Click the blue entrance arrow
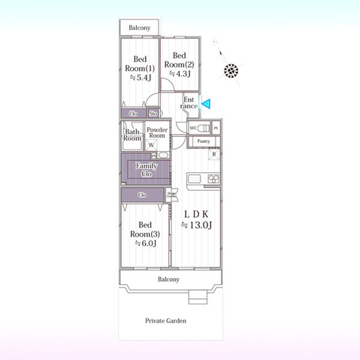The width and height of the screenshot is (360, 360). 206,105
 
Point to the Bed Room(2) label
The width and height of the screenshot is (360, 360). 180,64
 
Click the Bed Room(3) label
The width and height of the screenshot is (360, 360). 145,234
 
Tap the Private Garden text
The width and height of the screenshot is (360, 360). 166,321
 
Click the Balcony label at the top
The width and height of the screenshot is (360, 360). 139,28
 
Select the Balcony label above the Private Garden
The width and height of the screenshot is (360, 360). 168,280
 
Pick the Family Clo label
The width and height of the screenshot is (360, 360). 146,170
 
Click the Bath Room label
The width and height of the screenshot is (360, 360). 132,135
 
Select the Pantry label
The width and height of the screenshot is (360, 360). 203,141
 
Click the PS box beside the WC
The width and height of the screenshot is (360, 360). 216,128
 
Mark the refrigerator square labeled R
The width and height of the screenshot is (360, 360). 214,154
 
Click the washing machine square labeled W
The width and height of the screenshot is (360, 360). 151,144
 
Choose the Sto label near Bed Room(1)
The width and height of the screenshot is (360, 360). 153,113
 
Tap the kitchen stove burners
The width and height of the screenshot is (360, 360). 213,179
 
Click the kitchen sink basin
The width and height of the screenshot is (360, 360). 193,179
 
